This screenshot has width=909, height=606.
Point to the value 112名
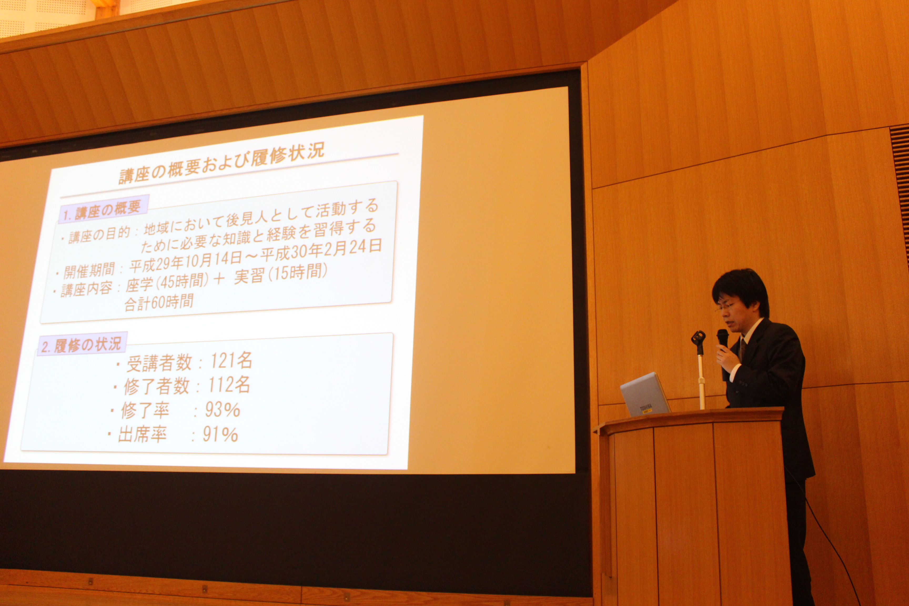coord(229,385)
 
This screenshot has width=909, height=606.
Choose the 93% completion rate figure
coord(222,410)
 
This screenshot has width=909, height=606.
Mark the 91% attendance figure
coord(220,435)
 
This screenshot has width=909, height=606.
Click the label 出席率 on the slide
coord(142,435)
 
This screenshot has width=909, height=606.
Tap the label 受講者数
coord(159,363)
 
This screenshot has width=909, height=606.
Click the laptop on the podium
coord(645,395)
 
